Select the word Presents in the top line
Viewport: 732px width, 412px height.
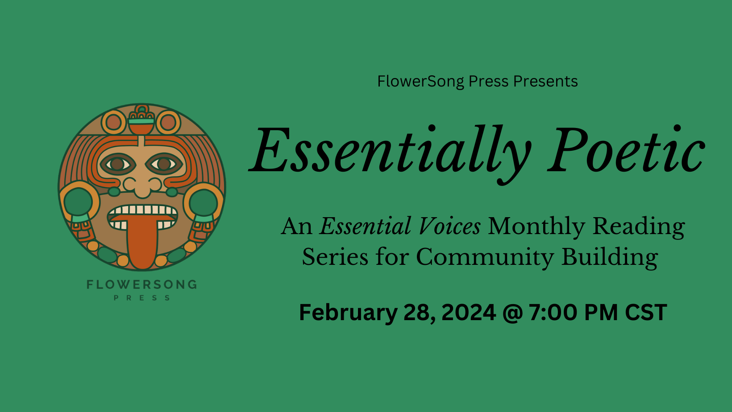(x=545, y=81)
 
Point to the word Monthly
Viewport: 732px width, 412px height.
(x=536, y=227)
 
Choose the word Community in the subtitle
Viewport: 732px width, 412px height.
(x=485, y=257)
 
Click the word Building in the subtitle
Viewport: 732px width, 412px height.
(x=609, y=257)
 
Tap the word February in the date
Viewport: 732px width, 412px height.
(x=348, y=312)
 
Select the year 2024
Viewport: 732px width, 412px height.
(x=469, y=312)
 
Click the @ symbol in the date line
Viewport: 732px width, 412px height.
(x=512, y=312)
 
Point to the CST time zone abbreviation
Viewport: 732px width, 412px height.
(x=646, y=312)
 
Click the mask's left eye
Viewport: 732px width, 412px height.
(x=117, y=164)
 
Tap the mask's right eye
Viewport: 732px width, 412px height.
(x=164, y=164)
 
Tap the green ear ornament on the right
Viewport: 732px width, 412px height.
(x=204, y=203)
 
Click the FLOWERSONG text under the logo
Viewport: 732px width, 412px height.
(x=141, y=284)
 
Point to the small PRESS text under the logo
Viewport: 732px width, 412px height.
(x=141, y=298)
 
